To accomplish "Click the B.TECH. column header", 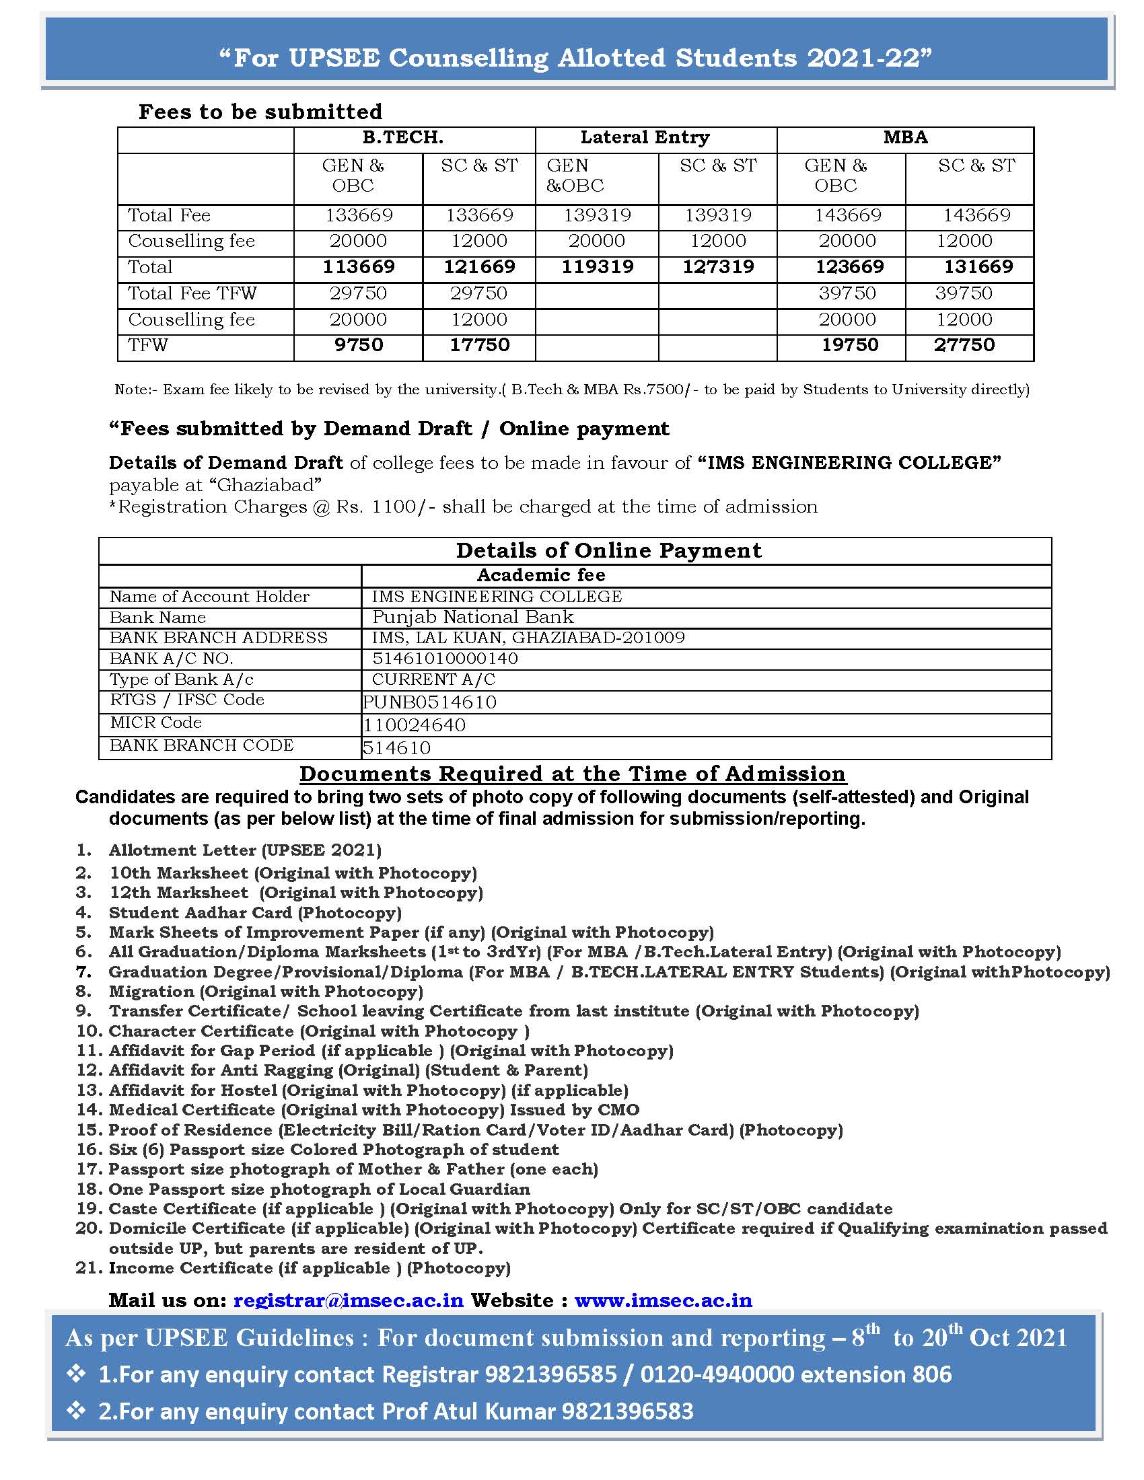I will pos(402,137).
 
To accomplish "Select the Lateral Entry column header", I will pos(645,137).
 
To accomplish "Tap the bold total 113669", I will pos(359,267).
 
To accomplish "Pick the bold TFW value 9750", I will pos(359,345).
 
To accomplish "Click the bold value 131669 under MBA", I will pos(978,267).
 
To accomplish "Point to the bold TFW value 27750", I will pos(964,345).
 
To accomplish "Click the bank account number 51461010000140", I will pos(445,659).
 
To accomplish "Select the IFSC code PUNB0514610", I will pos(430,702).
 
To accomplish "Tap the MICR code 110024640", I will pos(414,725).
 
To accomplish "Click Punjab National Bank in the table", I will pos(473,617).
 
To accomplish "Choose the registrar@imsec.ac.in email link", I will pos(349,1300).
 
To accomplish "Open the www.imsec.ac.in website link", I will pos(663,1300).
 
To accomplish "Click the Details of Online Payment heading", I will pos(608,550).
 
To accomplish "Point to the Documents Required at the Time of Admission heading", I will pos(573,774).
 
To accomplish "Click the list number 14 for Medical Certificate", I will pos(89,1110).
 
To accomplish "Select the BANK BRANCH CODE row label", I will pos(202,745).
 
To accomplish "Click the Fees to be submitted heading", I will pos(260,112).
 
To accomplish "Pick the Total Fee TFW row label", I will pos(192,293).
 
